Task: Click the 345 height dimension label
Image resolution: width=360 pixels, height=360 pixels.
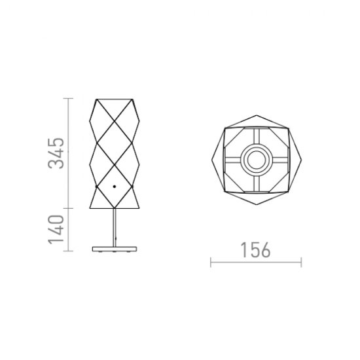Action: [56, 153]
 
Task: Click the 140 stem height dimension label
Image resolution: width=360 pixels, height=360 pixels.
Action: [56, 230]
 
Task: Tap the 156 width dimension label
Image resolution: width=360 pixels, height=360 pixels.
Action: [255, 250]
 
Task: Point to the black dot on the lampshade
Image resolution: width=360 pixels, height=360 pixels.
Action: [115, 187]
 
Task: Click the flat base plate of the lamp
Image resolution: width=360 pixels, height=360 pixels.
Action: [115, 249]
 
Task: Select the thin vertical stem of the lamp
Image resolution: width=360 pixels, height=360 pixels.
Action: [115, 228]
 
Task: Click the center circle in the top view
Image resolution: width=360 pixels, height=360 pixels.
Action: [256, 160]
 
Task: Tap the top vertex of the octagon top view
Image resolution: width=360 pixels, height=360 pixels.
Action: [257, 115]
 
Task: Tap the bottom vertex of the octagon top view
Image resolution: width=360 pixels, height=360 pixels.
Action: [257, 204]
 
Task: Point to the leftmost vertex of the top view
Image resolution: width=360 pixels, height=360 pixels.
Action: [211, 159]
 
